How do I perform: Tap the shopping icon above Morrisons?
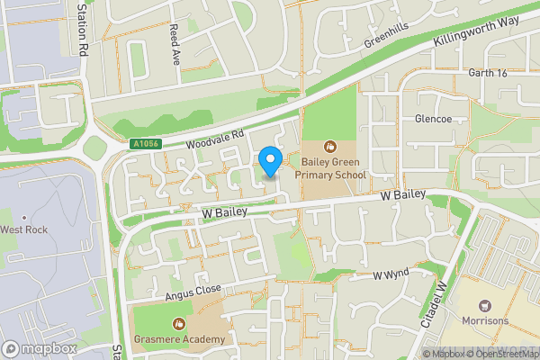[485, 306]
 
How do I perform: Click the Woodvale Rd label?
[215, 139]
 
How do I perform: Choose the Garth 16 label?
[488, 73]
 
